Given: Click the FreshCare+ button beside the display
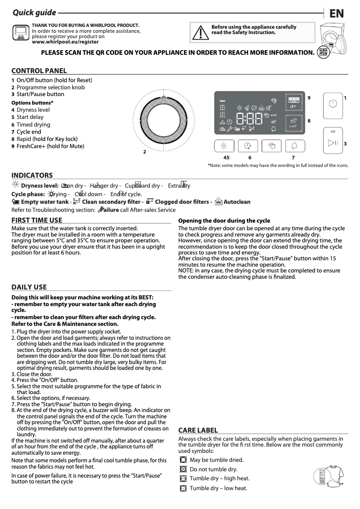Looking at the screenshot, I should click(x=294, y=101).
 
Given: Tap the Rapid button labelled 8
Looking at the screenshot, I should click(x=294, y=123).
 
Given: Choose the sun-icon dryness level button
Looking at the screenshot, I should click(x=224, y=146).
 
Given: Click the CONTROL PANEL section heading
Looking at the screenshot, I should click(x=39, y=70).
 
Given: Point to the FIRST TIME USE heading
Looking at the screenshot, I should click(x=37, y=220).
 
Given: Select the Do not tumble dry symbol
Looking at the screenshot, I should click(x=183, y=470).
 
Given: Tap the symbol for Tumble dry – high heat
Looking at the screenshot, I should click(x=183, y=479).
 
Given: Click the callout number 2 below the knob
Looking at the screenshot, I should click(x=145, y=152).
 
